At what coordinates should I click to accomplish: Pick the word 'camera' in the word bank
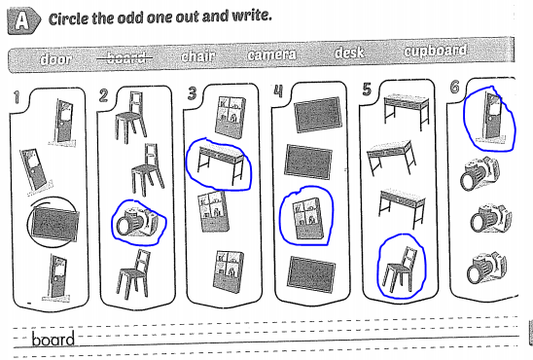click(x=272, y=54)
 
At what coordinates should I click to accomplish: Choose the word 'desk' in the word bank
click(x=348, y=53)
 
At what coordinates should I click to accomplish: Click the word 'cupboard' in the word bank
click(x=435, y=51)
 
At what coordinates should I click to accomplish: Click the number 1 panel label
click(x=14, y=99)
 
